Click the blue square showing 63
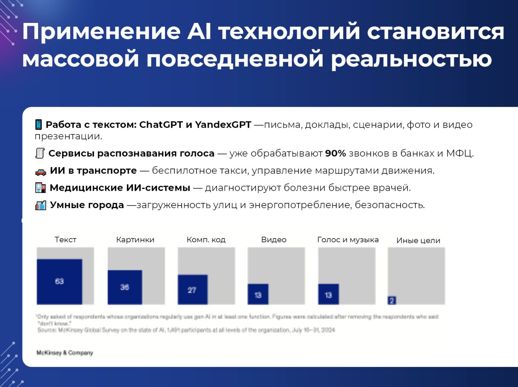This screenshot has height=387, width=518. (59, 281)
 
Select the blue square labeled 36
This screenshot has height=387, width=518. (125, 287)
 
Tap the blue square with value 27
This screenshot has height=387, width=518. (192, 290)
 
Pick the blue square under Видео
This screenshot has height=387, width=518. (258, 294)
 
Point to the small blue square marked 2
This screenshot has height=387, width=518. (392, 300)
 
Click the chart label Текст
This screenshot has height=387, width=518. (65, 240)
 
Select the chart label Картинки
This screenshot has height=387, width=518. (135, 240)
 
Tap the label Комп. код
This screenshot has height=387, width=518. (206, 240)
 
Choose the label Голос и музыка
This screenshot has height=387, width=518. (348, 240)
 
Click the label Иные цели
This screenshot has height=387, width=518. (418, 240)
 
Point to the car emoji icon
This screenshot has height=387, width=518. (41, 171)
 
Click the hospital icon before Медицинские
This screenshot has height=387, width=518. (40, 188)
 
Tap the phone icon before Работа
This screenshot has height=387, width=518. (38, 124)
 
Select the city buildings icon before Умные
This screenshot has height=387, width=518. (41, 205)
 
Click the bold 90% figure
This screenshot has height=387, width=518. (335, 153)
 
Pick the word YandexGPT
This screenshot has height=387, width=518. (223, 124)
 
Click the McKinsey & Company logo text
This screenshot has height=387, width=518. (65, 353)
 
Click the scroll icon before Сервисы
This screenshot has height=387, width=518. (40, 153)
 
